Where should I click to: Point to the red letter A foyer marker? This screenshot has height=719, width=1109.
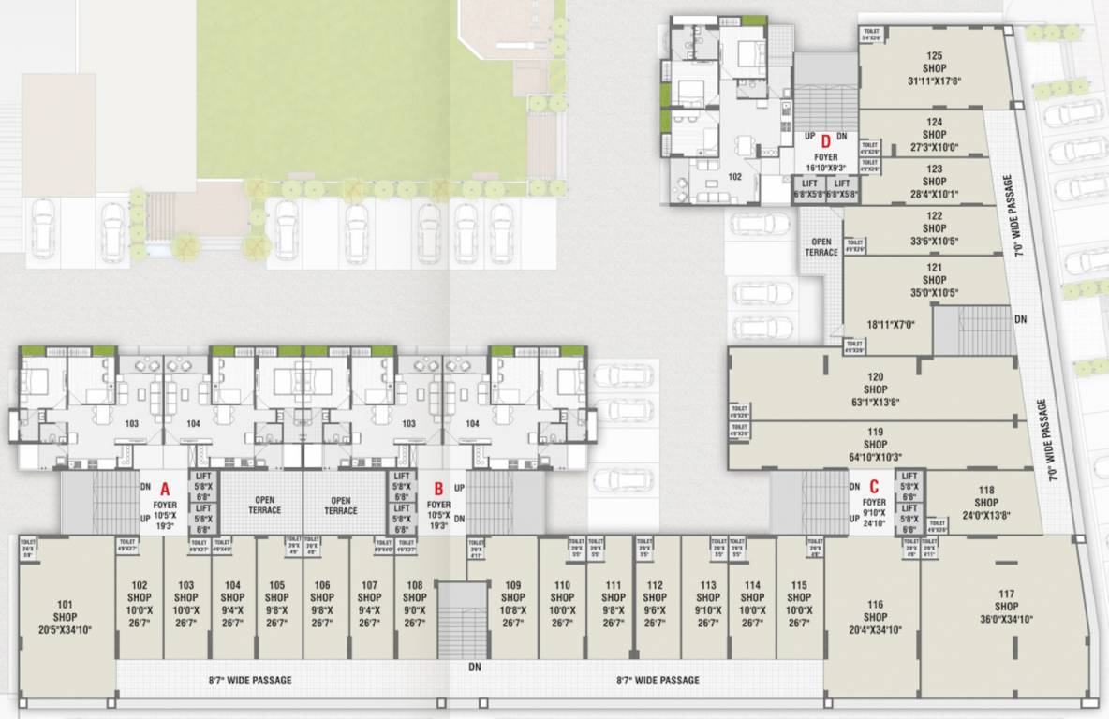point(165,488)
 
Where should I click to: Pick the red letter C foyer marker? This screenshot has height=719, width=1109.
point(874,485)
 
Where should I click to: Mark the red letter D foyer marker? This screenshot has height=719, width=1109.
point(826,142)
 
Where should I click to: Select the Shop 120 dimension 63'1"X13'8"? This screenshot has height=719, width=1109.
point(875,403)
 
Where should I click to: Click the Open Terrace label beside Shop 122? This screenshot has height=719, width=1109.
point(820,247)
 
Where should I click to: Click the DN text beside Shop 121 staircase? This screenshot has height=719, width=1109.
point(1020,318)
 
